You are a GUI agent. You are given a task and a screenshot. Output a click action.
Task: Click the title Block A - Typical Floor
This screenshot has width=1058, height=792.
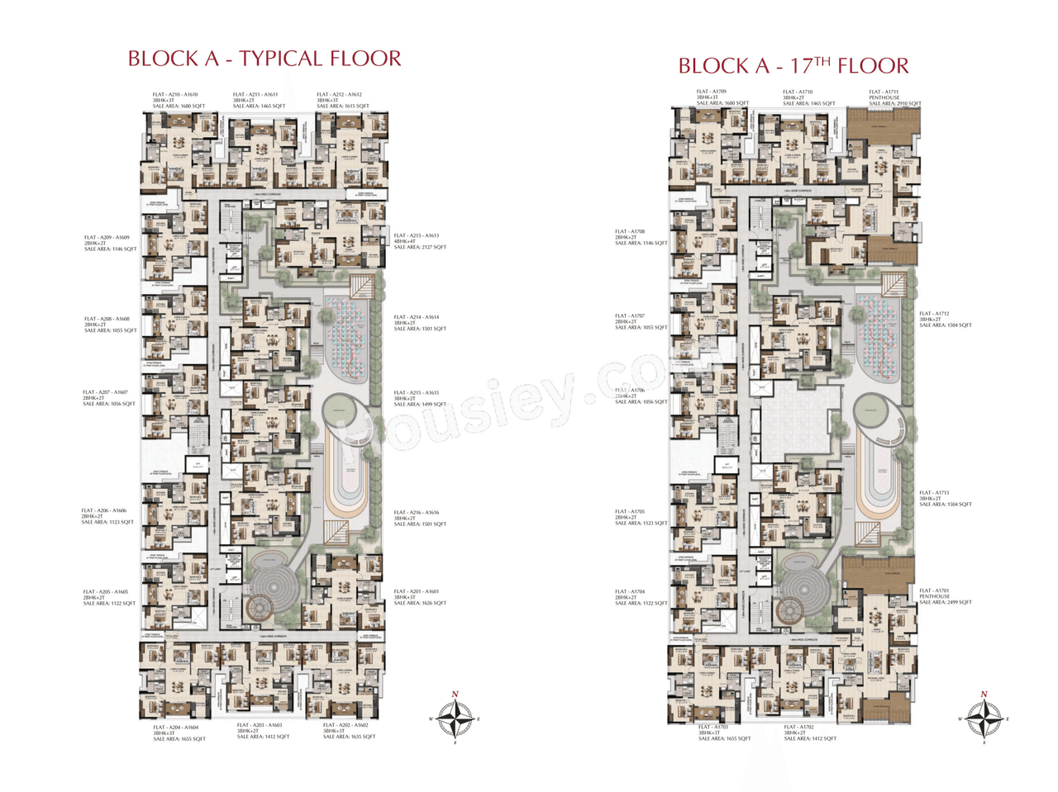click(x=264, y=59)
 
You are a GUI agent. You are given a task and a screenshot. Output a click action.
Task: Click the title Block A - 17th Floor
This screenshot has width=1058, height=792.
click(x=793, y=65)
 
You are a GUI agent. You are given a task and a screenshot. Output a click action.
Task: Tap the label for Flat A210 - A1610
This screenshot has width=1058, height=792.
click(x=179, y=100)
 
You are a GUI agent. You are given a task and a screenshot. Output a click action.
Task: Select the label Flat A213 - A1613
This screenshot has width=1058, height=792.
click(x=420, y=241)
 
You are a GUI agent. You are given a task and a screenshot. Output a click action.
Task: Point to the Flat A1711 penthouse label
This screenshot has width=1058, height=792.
click(x=894, y=97)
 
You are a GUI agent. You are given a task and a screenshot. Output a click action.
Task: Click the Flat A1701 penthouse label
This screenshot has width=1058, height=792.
click(x=945, y=596)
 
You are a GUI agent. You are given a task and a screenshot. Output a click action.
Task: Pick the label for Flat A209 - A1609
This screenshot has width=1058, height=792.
click(x=110, y=243)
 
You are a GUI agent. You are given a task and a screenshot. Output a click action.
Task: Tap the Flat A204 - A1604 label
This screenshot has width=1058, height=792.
click(x=179, y=733)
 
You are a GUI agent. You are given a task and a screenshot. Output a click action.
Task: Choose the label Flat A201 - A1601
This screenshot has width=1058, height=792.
click(x=420, y=597)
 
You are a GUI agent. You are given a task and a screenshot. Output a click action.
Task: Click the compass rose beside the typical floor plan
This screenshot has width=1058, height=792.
click(x=455, y=719)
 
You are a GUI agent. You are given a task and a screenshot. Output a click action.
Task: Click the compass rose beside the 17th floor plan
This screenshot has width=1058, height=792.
click(x=984, y=719)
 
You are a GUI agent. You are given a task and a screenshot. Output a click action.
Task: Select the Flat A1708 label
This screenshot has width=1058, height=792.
click(x=641, y=238)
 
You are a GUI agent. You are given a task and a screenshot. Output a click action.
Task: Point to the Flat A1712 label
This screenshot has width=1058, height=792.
click(x=945, y=320)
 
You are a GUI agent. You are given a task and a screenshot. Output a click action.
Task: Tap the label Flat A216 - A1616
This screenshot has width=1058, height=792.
click(x=420, y=518)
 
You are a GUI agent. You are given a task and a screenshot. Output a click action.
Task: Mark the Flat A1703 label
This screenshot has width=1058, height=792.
click(x=724, y=733)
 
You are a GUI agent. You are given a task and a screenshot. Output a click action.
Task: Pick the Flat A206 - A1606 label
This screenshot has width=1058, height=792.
click(x=107, y=516)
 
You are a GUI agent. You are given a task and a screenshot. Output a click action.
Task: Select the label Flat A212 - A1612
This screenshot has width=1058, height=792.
click(x=342, y=100)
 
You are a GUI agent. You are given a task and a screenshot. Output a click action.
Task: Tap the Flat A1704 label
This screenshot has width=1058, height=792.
click(x=641, y=597)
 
